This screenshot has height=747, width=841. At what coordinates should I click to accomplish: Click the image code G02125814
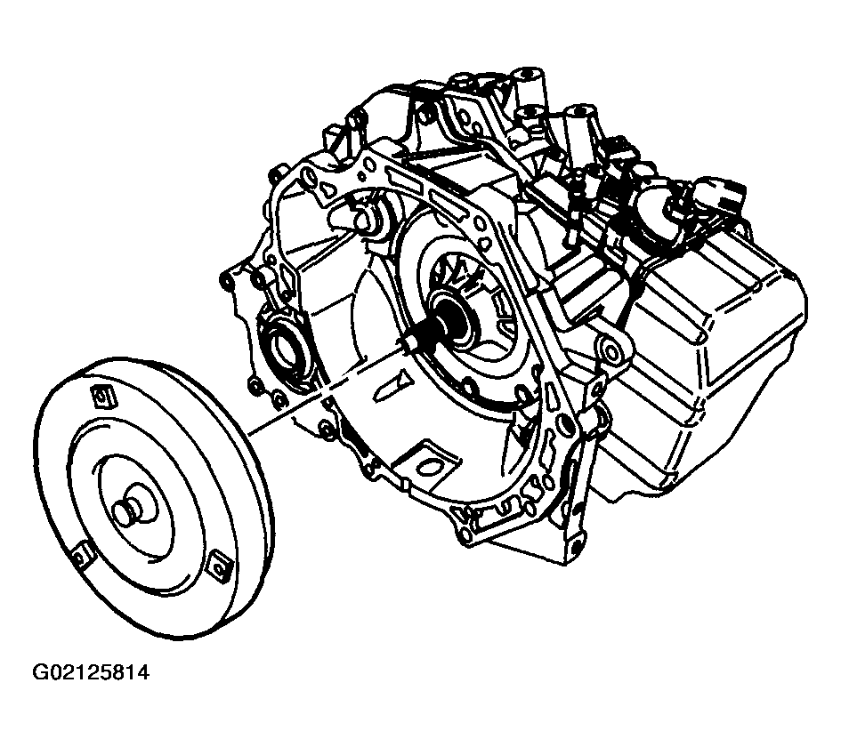(91, 672)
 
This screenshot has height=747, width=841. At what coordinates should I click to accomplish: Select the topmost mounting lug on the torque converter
(103, 398)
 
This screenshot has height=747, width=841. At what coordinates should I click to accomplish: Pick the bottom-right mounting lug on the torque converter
(218, 566)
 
